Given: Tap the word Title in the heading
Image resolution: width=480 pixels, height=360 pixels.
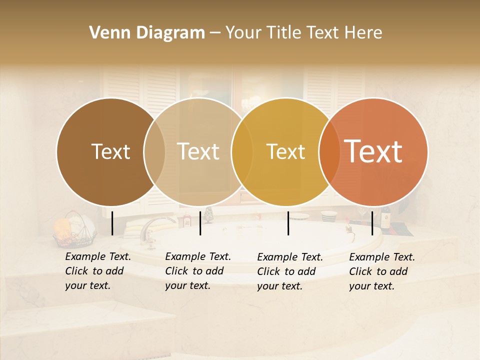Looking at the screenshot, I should [x=284, y=33].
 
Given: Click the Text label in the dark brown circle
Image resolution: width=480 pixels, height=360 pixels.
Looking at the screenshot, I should [x=110, y=151].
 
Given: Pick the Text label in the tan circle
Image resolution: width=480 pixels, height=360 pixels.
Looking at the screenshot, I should [x=198, y=151].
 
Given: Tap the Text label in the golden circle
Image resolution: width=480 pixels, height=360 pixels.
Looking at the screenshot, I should [x=285, y=151].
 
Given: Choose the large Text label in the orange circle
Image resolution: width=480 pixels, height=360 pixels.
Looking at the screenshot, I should [x=373, y=151].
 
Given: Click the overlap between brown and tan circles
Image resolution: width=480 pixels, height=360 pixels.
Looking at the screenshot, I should [x=154, y=151].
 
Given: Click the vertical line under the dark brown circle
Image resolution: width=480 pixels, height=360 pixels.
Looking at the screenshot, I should [x=112, y=223].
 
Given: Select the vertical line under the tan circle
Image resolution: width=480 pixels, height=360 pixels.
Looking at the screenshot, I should [x=200, y=223].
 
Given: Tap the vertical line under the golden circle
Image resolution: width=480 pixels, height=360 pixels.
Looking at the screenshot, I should [x=288, y=223].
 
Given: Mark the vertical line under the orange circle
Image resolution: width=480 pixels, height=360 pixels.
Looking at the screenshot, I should [x=372, y=223].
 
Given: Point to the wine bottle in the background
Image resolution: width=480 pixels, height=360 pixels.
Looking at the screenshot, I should [x=386, y=217].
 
